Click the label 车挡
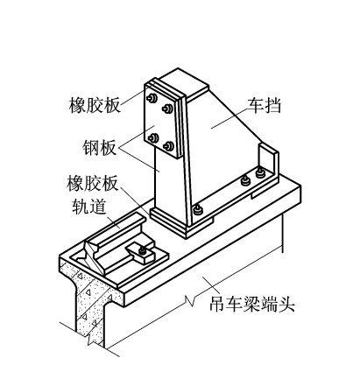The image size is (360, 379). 264,106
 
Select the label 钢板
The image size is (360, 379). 99,148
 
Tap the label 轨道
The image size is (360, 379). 88,207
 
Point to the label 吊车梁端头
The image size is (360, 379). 251,305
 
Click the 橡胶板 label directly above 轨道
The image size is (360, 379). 92,183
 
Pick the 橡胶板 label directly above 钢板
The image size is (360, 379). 95,105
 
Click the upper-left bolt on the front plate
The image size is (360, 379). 152,98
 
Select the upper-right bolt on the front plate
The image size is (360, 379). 167,109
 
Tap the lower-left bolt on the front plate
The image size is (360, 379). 153,137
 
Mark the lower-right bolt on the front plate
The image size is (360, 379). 169,145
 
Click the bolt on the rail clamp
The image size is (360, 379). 143,250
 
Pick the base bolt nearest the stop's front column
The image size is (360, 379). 198,210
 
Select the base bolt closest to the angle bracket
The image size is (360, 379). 260,172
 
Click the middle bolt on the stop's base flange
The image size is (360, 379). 245,181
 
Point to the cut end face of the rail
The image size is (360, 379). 94,256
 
